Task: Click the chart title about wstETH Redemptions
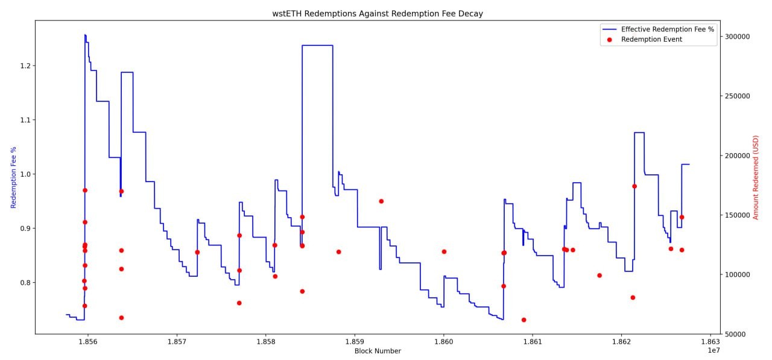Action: [377, 13]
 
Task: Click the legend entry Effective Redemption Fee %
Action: [668, 29]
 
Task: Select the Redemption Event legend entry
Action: [651, 39]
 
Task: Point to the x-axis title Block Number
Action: [377, 351]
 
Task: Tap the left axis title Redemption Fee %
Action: [13, 177]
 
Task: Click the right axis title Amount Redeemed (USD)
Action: [756, 177]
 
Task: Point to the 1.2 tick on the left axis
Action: [24, 66]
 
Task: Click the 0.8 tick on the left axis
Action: [24, 282]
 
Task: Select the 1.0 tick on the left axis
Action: [24, 174]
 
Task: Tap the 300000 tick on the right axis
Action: [738, 37]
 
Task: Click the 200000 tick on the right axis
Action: [738, 156]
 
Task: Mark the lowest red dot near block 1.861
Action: [524, 320]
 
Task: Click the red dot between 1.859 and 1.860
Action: [381, 201]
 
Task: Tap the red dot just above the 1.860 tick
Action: [444, 251]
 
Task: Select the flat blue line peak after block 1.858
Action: [317, 45]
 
